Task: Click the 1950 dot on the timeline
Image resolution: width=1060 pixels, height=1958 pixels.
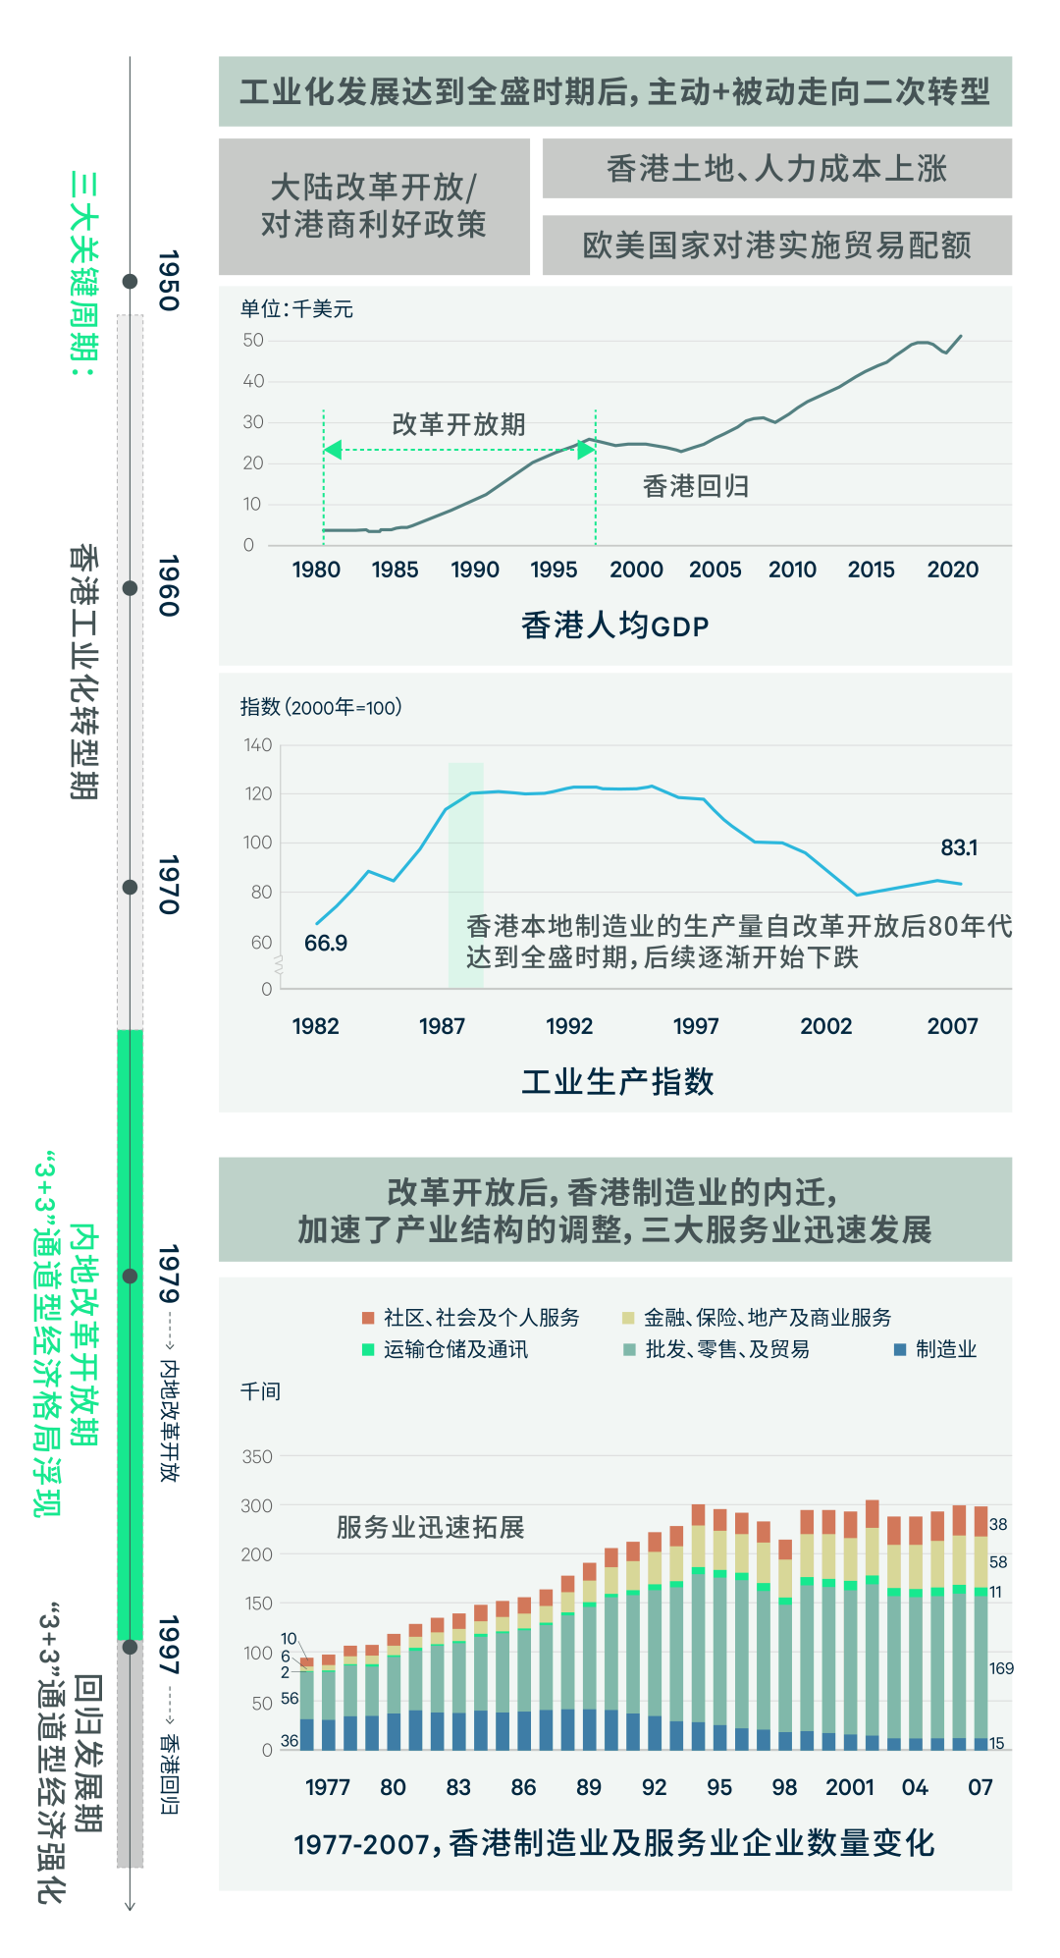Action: click(130, 282)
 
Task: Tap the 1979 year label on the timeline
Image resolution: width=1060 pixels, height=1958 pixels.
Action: click(169, 1274)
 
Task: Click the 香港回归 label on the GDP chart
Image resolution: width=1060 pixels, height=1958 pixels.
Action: click(695, 486)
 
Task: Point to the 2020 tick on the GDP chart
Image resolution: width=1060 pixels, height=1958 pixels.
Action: click(952, 570)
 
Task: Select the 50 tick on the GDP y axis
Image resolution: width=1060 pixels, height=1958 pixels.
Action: click(253, 340)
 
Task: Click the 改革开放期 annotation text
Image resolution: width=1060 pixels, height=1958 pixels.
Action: click(458, 424)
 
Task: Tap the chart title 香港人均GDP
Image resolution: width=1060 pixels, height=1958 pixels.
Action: click(614, 625)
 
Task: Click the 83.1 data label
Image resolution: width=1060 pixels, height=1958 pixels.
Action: click(959, 847)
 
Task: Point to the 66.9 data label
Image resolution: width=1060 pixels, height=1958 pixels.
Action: click(325, 943)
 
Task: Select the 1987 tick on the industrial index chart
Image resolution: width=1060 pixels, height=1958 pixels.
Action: click(442, 1026)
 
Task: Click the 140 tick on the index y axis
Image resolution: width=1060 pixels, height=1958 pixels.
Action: click(258, 745)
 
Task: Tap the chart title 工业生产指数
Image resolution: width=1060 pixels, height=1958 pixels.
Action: click(617, 1081)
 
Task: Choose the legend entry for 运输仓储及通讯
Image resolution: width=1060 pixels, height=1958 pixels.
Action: click(446, 1349)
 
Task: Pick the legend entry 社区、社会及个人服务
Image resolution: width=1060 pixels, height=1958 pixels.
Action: click(471, 1318)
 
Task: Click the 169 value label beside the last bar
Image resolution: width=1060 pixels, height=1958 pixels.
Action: click(1001, 1668)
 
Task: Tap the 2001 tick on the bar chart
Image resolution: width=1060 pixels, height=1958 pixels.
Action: click(849, 1787)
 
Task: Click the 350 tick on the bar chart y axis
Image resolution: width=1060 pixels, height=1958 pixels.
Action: click(257, 1456)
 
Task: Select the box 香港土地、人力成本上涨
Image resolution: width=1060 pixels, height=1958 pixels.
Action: click(776, 169)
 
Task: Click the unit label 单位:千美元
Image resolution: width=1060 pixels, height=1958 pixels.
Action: click(296, 309)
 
